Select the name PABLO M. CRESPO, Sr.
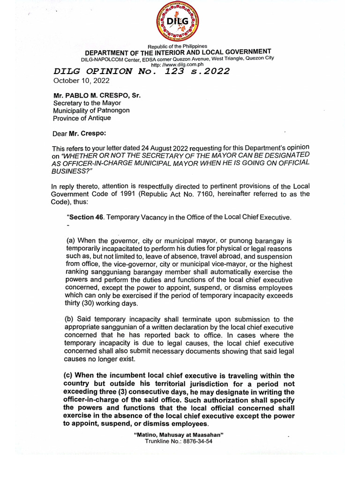point(97,95)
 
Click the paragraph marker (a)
point(72,240)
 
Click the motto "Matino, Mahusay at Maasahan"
point(179,435)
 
